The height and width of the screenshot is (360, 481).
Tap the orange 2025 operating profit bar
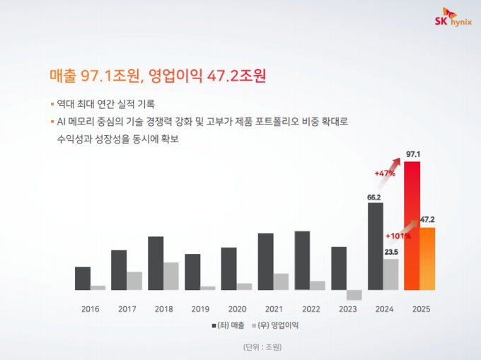427,258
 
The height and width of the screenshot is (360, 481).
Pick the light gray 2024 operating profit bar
390,274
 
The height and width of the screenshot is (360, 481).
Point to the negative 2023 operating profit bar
354,295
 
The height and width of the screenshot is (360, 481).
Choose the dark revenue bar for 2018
156,262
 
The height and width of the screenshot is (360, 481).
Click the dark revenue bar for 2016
83,278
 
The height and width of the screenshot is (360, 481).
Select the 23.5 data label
391,251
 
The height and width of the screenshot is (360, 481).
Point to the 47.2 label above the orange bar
427,220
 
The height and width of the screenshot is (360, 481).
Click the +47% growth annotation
385,172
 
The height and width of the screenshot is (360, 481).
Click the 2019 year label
201,309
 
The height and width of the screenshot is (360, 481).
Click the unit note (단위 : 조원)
262,347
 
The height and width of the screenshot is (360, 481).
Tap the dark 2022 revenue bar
302,260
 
